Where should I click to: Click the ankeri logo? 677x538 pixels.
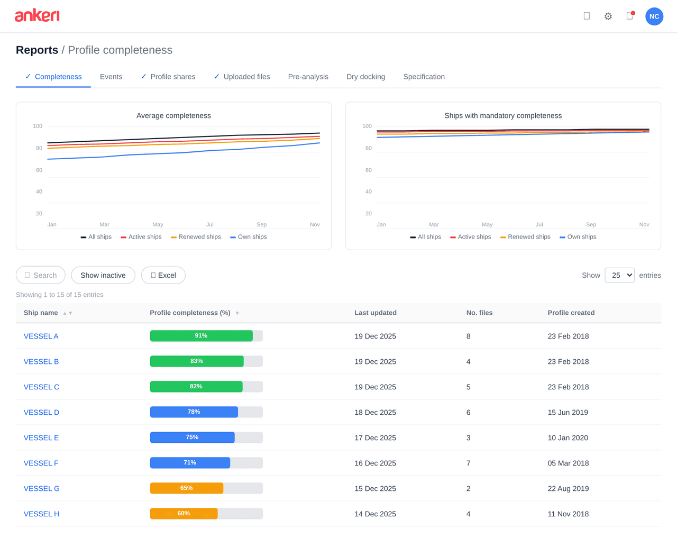[37, 16]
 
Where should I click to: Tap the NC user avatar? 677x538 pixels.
[654, 16]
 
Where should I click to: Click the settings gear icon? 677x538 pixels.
[608, 16]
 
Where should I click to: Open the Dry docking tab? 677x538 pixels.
[365, 77]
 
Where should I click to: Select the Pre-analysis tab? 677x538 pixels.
[308, 77]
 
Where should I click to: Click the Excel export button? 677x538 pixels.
[163, 275]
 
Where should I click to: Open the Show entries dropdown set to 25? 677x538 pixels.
[619, 275]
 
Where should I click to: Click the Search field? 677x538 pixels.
[41, 275]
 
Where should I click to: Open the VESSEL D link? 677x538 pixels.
[41, 412]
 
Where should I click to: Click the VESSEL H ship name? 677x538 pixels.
[41, 514]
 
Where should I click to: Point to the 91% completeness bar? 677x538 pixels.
[202, 336]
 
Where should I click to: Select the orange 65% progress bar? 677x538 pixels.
[187, 488]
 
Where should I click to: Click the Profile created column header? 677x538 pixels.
[571, 313]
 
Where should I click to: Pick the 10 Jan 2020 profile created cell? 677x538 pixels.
[568, 437]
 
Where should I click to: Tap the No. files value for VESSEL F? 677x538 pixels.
[468, 463]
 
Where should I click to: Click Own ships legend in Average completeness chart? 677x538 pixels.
[249, 237]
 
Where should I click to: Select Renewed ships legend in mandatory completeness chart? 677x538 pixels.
[525, 237]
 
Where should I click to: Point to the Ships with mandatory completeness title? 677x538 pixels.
[502, 115]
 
